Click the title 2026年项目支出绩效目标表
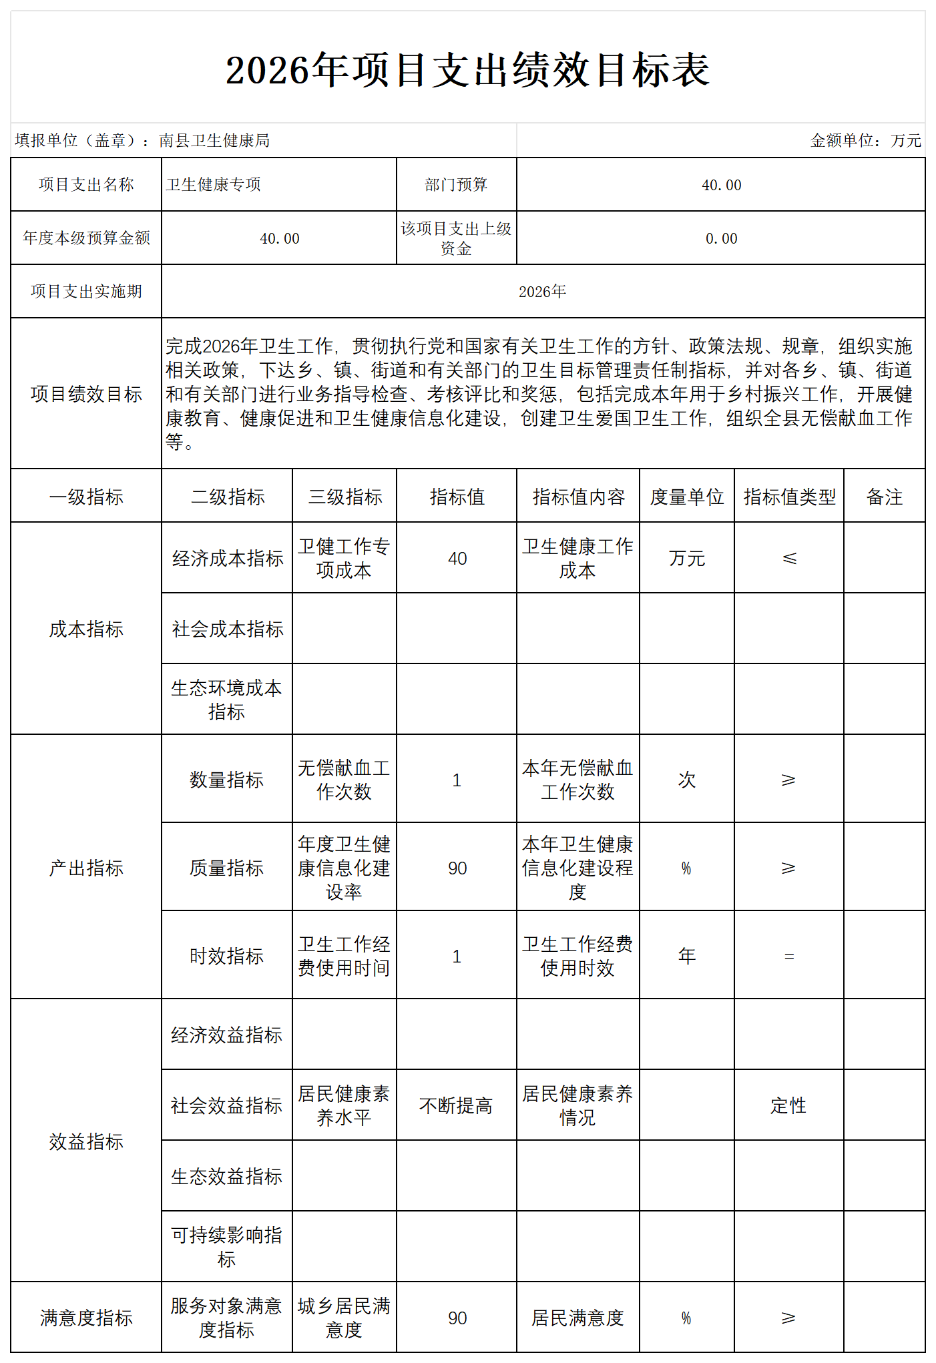tap(467, 70)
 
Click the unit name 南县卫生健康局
tap(214, 140)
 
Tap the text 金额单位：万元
tap(865, 140)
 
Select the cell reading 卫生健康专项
tap(214, 184)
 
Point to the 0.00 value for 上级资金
tap(721, 238)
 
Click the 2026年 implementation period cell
tap(542, 292)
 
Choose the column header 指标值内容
tap(578, 497)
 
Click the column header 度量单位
tap(687, 497)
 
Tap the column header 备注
tap(884, 497)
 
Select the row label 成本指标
tap(86, 629)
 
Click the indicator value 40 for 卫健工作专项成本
tap(457, 559)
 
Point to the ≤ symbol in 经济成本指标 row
tap(789, 559)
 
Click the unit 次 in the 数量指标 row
tap(687, 780)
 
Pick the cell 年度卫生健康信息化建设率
tap(344, 868)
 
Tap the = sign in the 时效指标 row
tap(789, 957)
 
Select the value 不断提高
tap(456, 1106)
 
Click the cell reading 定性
tap(788, 1106)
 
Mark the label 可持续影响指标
tap(226, 1247)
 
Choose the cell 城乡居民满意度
tap(344, 1318)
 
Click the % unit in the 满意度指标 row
tap(686, 1318)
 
